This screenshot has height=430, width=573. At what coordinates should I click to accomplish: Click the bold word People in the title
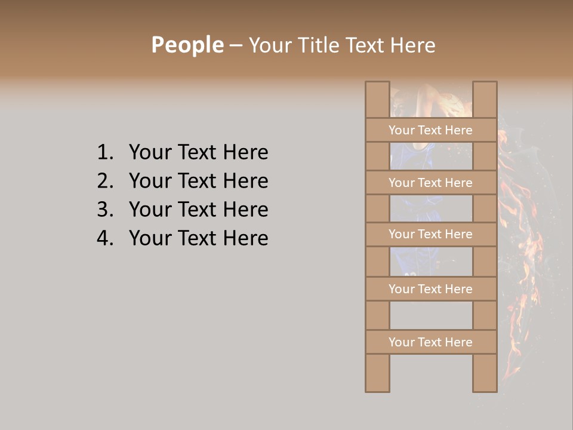pyautogui.click(x=187, y=45)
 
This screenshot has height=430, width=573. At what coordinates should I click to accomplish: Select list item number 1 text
pyautogui.click(x=198, y=152)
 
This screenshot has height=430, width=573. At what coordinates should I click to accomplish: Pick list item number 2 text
pyautogui.click(x=198, y=181)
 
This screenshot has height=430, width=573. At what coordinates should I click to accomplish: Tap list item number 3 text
pyautogui.click(x=198, y=210)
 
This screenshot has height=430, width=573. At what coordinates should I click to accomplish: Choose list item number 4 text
pyautogui.click(x=198, y=238)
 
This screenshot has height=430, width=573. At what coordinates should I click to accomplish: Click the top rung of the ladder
pyautogui.click(x=430, y=130)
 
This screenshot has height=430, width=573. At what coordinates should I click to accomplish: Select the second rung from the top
pyautogui.click(x=430, y=183)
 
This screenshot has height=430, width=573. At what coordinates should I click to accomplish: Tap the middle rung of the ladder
pyautogui.click(x=430, y=234)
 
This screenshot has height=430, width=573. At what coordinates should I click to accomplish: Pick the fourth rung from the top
pyautogui.click(x=430, y=289)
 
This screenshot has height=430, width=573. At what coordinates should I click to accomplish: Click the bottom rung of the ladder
pyautogui.click(x=430, y=342)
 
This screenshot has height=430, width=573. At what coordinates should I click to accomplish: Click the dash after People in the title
pyautogui.click(x=236, y=45)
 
